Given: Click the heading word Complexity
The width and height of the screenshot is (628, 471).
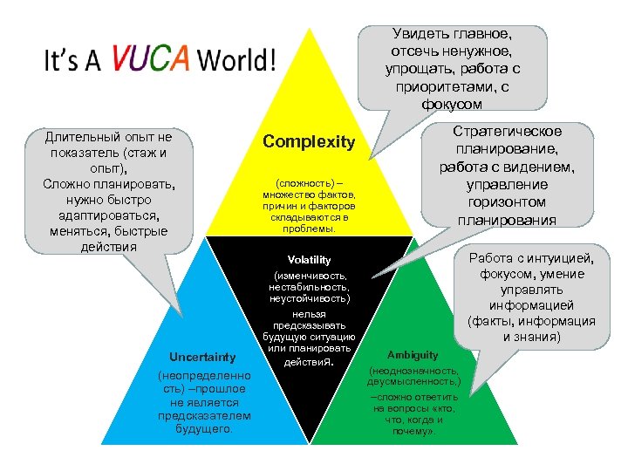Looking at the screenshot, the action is click(309, 141).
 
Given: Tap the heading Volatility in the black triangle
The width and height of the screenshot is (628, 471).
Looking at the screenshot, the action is click(309, 260).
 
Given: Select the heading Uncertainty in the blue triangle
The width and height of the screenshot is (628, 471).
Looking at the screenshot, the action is click(190, 358).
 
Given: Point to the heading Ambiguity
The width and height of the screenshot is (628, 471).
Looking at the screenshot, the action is click(413, 355).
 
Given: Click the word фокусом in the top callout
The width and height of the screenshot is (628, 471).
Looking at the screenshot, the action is click(454, 103).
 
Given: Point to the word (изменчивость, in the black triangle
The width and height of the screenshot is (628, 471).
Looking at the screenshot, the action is click(309, 276).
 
